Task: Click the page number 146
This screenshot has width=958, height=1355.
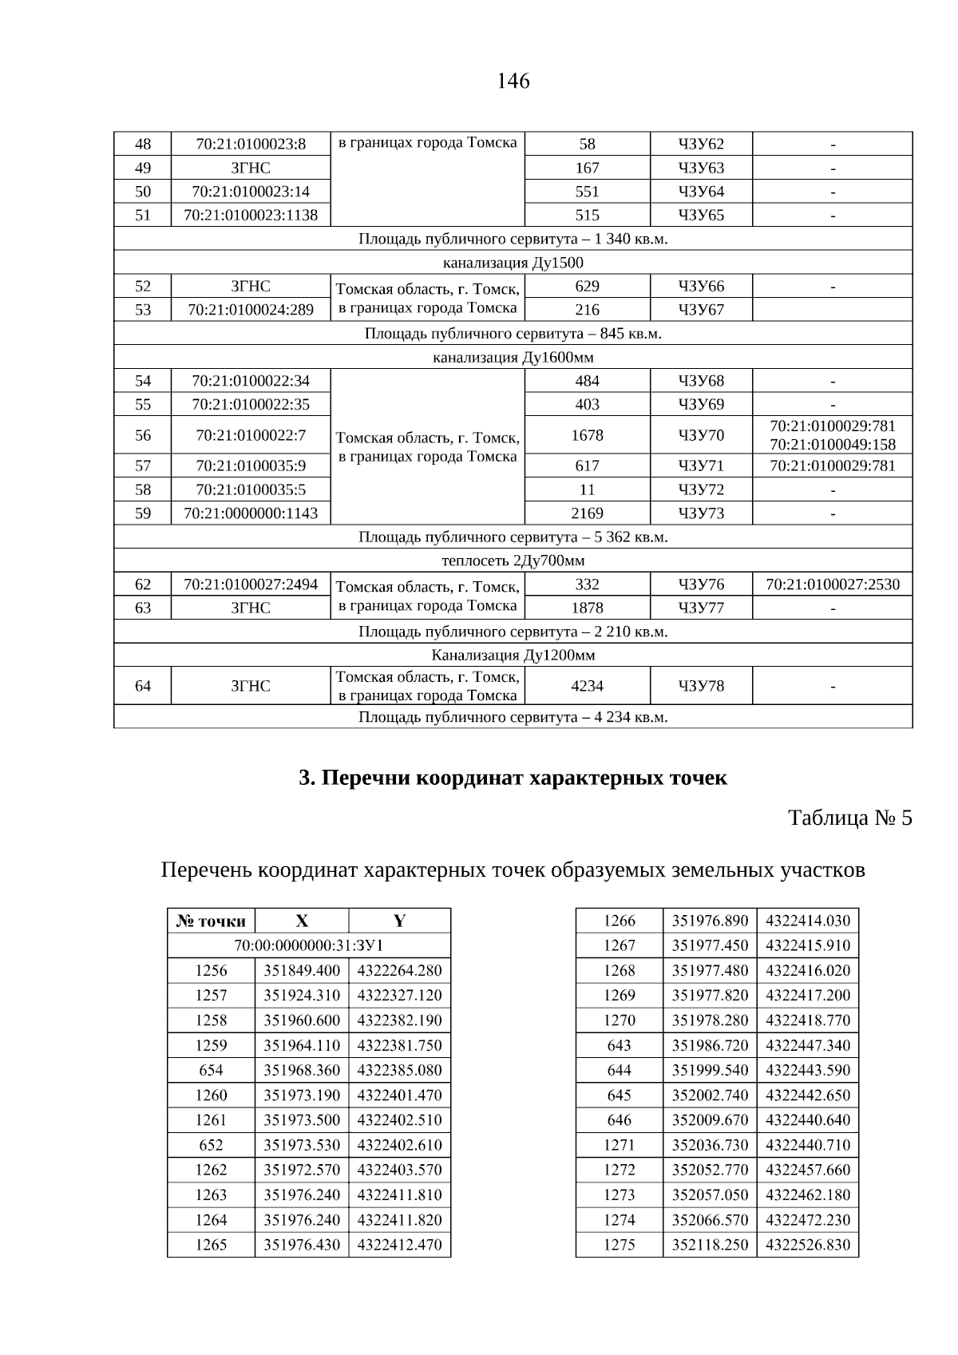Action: [x=513, y=81]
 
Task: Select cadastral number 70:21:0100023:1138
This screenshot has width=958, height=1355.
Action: [x=251, y=215]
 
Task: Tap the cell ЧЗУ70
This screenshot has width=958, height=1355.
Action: [x=701, y=435]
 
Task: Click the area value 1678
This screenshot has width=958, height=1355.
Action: [x=587, y=435]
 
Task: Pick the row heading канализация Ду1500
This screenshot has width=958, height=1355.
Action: [x=513, y=263]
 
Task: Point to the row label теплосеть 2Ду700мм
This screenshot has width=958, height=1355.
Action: [x=513, y=561]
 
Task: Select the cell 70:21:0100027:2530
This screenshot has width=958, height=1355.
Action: [x=833, y=584]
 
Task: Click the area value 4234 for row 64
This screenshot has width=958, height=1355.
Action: [x=587, y=686]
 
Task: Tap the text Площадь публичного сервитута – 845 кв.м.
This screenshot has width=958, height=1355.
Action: [x=513, y=334]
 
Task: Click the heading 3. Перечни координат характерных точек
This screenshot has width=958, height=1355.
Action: [x=513, y=778]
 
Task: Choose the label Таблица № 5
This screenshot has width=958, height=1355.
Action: [x=849, y=818]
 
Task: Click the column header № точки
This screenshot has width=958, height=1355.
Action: [x=211, y=921]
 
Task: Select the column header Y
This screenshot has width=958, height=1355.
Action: [x=399, y=921]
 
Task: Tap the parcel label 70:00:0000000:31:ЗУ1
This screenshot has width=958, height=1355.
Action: [x=309, y=946]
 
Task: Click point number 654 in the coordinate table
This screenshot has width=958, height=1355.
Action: [x=211, y=1070]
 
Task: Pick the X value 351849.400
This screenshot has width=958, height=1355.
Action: [x=302, y=971]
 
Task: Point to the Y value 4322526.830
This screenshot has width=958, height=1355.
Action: [x=808, y=1245]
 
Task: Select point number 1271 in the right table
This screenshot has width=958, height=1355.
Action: [x=620, y=1145]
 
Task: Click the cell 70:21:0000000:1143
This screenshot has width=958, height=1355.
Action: [x=251, y=513]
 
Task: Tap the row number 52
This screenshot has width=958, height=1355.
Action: [x=143, y=287]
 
